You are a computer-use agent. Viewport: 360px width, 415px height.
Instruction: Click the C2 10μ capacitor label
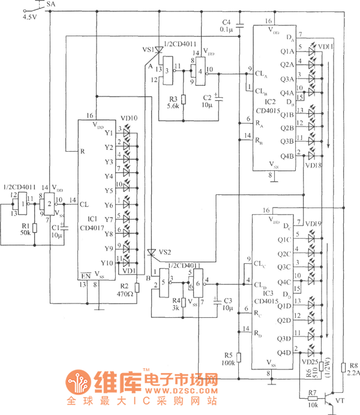(x=207, y=101)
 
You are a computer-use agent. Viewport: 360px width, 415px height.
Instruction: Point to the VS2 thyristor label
(x=165, y=252)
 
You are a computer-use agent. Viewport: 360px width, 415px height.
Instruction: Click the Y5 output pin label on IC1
(x=108, y=191)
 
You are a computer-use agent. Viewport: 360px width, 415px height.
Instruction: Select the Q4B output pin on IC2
(x=287, y=155)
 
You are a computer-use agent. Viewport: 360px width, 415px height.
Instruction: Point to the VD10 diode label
(x=128, y=119)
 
